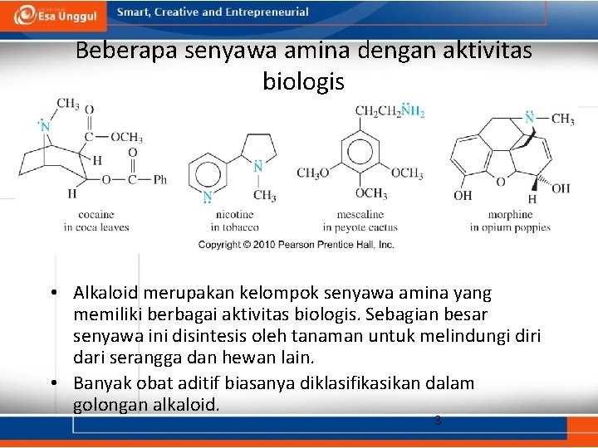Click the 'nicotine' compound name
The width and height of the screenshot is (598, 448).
[x=234, y=215]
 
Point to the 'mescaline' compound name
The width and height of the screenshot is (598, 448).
[x=360, y=215]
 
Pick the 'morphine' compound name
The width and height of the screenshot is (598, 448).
[x=510, y=215]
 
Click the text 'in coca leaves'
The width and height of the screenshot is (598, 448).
[x=96, y=227]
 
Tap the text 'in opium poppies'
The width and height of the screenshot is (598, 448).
[x=510, y=227]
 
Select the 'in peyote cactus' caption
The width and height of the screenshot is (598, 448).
[x=360, y=227]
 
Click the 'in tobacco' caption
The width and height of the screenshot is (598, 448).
[x=234, y=227]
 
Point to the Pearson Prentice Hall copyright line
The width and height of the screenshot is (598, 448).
[x=296, y=245]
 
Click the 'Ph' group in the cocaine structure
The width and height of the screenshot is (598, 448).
[x=159, y=179]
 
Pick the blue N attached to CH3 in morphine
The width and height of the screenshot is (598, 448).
[x=530, y=118]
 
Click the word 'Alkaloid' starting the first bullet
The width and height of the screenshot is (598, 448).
[x=102, y=294]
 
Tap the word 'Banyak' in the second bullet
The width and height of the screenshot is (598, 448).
[x=99, y=383]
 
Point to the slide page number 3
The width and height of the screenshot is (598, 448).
[x=438, y=421]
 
